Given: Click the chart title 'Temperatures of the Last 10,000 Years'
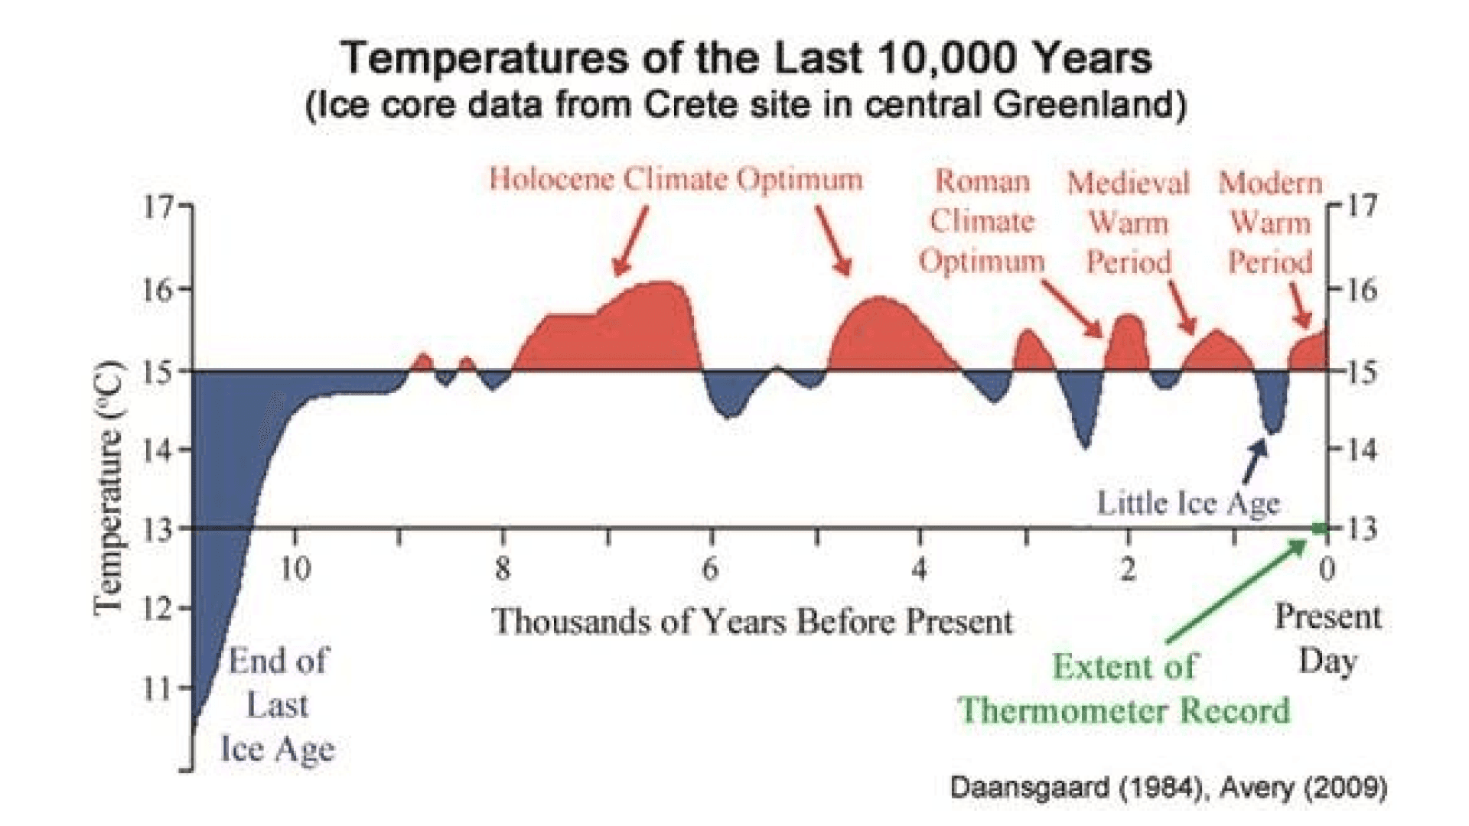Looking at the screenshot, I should [746, 58].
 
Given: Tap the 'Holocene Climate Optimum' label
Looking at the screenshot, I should [676, 180].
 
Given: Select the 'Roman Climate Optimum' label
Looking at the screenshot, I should [982, 221].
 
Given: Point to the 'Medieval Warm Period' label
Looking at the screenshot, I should [1129, 222].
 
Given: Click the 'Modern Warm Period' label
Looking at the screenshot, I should [1270, 222].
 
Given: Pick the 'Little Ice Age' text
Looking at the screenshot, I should [1188, 503].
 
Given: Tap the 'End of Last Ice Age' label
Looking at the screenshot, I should [278, 704].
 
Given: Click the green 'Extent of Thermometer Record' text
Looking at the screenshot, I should [1124, 688].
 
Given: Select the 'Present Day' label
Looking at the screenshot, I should [1327, 639].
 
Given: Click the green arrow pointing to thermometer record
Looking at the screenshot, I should [1236, 591].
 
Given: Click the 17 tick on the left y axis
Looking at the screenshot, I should [158, 206].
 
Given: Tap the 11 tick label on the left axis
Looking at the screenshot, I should [158, 688].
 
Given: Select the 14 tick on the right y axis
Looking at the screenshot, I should [1361, 449].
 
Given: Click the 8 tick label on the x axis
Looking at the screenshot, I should [502, 569].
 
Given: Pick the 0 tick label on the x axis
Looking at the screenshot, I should [1327, 569].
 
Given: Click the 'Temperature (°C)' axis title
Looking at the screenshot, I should [108, 486].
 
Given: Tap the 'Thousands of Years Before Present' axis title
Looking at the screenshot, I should [752, 621].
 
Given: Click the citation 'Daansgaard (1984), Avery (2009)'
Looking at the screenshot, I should [1168, 787].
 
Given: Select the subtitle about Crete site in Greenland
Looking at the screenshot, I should [746, 105].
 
